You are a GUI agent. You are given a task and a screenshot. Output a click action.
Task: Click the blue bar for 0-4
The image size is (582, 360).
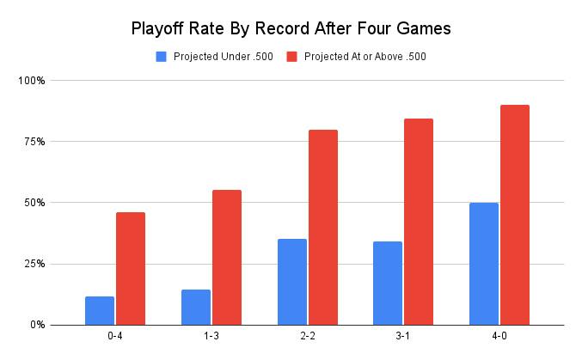click(x=100, y=310)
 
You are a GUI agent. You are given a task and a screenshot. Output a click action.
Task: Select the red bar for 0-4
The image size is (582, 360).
click(x=131, y=268)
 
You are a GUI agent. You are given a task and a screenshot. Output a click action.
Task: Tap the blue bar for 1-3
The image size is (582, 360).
click(x=196, y=307)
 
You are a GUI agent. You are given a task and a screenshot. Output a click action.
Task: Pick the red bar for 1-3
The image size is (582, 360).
click(x=227, y=257)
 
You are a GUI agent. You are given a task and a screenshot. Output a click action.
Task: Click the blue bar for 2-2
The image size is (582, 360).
click(x=292, y=282)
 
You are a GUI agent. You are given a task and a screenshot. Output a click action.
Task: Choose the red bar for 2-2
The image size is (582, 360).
click(x=323, y=227)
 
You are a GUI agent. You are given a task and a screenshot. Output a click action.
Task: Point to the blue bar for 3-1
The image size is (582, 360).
click(x=388, y=283)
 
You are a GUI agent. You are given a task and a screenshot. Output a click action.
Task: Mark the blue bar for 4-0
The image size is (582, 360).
click(x=484, y=264)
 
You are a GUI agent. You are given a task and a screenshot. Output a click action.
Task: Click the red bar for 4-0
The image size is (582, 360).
click(x=515, y=215)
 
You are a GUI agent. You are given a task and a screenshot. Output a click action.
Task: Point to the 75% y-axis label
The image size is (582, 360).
click(x=34, y=142)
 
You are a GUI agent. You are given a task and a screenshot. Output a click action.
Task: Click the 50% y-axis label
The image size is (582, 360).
click(x=34, y=203)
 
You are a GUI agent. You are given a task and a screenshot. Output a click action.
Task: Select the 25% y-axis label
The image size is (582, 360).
click(x=34, y=264)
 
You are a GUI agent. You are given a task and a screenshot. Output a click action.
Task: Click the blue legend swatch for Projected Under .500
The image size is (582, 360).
click(x=161, y=57)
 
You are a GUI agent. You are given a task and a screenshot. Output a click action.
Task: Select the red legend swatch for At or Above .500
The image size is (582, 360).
click(x=291, y=57)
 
